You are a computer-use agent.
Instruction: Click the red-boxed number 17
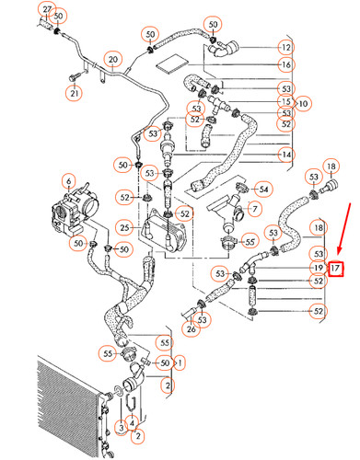(x=336, y=269)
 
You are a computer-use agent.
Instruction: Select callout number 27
(x=47, y=7)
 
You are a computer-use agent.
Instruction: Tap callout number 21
(x=72, y=92)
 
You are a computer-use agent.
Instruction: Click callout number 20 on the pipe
(x=112, y=61)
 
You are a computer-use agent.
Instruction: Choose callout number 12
(x=285, y=46)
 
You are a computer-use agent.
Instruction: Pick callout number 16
(x=285, y=65)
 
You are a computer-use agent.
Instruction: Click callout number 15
(x=285, y=101)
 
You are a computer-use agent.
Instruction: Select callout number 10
(x=303, y=102)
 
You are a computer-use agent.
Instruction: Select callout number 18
(x=318, y=226)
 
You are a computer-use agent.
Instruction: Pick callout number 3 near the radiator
(x=121, y=428)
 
